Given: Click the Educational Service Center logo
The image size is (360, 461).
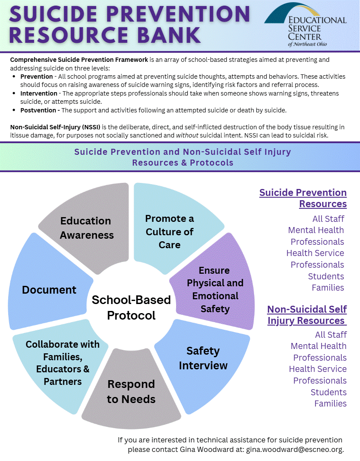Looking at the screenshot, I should pyautogui.click(x=305, y=26).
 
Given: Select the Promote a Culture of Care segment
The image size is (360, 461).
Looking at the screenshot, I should pyautogui.click(x=170, y=231).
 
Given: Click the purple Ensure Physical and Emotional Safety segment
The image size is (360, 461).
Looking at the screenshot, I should pyautogui.click(x=215, y=289).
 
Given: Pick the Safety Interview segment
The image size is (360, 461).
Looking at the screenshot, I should pyautogui.click(x=203, y=358).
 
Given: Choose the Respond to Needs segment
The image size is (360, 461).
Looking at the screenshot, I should pyautogui.click(x=131, y=391).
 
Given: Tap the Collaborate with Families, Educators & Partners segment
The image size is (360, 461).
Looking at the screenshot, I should pyautogui.click(x=62, y=363).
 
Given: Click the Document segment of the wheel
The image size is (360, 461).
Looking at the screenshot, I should pyautogui.click(x=49, y=290).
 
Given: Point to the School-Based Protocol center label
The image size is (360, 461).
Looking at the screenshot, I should pyautogui.click(x=131, y=307).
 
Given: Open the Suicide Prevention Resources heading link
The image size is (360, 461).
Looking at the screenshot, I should pyautogui.click(x=303, y=198).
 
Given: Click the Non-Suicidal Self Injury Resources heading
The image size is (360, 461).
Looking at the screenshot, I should pyautogui.click(x=307, y=315).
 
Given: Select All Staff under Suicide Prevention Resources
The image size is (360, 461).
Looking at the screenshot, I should pyautogui.click(x=328, y=219).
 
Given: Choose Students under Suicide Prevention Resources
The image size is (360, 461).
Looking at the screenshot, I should pyautogui.click(x=326, y=276).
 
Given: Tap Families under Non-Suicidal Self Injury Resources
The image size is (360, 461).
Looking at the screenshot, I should pyautogui.click(x=330, y=403).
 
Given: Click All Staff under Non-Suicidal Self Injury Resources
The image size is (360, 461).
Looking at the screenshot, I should pyautogui.click(x=331, y=335).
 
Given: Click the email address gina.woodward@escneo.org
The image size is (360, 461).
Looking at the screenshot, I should pyautogui.click(x=294, y=450).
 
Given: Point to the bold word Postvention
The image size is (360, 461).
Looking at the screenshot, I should pyautogui.click(x=40, y=110).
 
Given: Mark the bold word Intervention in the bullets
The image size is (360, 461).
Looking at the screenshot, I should pyautogui.click(x=39, y=93).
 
